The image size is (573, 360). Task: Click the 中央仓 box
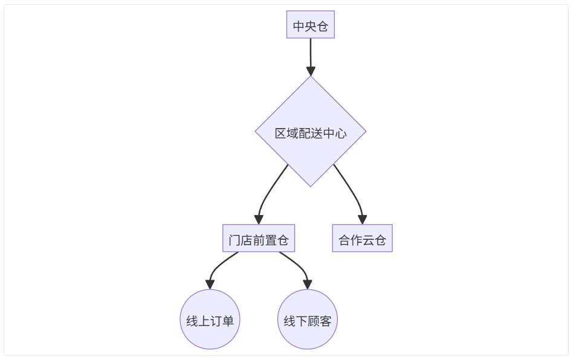(310, 26)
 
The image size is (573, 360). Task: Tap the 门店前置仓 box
(258, 240)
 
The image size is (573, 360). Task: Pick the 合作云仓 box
(362, 240)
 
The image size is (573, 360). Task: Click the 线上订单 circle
(210, 321)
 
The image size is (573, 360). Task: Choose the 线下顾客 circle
(308, 321)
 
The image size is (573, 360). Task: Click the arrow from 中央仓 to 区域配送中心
(310, 54)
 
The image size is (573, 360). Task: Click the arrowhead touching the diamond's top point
(310, 71)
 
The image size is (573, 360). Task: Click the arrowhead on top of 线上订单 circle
(210, 284)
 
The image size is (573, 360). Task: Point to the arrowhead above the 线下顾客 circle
(308, 284)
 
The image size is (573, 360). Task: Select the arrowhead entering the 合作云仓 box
(362, 220)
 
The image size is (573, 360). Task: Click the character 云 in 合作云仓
(368, 240)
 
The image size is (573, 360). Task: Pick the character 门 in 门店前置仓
(235, 240)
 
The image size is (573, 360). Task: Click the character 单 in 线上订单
(228, 321)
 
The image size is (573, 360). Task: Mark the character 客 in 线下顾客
(326, 321)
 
